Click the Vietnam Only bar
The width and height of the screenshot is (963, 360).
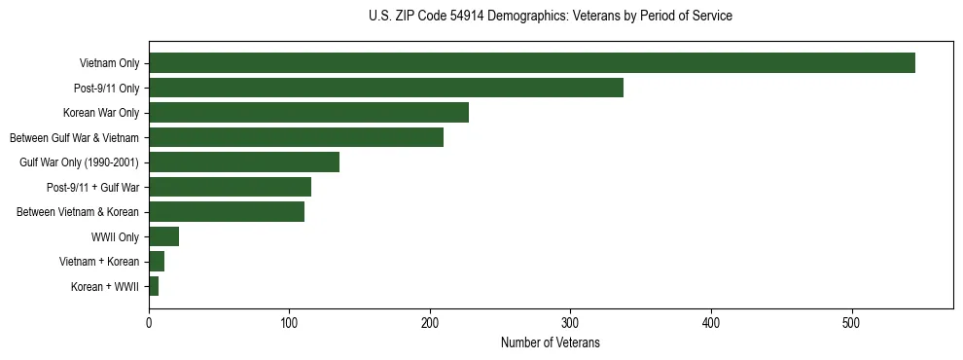click(531, 63)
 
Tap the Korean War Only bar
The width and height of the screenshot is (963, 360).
click(308, 113)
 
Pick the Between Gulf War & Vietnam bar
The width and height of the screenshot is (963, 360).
click(296, 137)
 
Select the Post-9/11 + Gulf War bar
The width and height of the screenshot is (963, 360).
click(230, 187)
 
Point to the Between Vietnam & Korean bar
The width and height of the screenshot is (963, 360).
click(226, 211)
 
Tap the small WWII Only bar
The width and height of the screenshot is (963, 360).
click(163, 236)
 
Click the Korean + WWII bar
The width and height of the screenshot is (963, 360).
click(154, 286)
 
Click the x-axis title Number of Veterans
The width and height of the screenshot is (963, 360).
click(550, 342)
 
